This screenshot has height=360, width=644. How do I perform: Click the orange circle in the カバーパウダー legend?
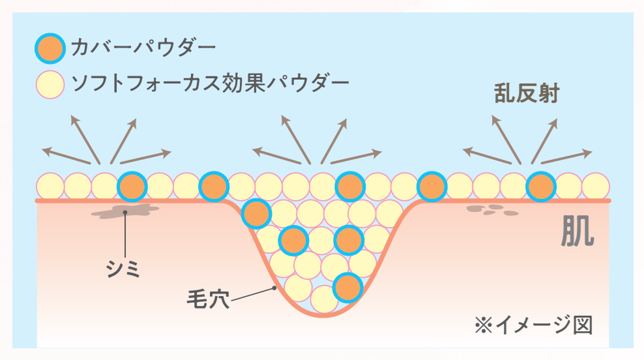[50, 48]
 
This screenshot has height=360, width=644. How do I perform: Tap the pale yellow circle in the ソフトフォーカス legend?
[50, 84]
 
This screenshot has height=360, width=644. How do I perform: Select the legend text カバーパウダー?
[142, 48]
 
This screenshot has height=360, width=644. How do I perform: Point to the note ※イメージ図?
[534, 324]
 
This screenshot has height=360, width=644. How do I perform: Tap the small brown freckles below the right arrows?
[493, 210]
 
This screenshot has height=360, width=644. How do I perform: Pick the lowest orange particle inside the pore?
[347, 287]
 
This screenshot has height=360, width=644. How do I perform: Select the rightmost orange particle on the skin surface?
[540, 187]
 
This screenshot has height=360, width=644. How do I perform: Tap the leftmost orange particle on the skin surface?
[132, 187]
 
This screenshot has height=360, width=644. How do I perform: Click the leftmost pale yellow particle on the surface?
[50, 187]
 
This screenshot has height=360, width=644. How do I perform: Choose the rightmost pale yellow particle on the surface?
[595, 187]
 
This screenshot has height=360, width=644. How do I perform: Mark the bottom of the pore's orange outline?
[324, 316]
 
